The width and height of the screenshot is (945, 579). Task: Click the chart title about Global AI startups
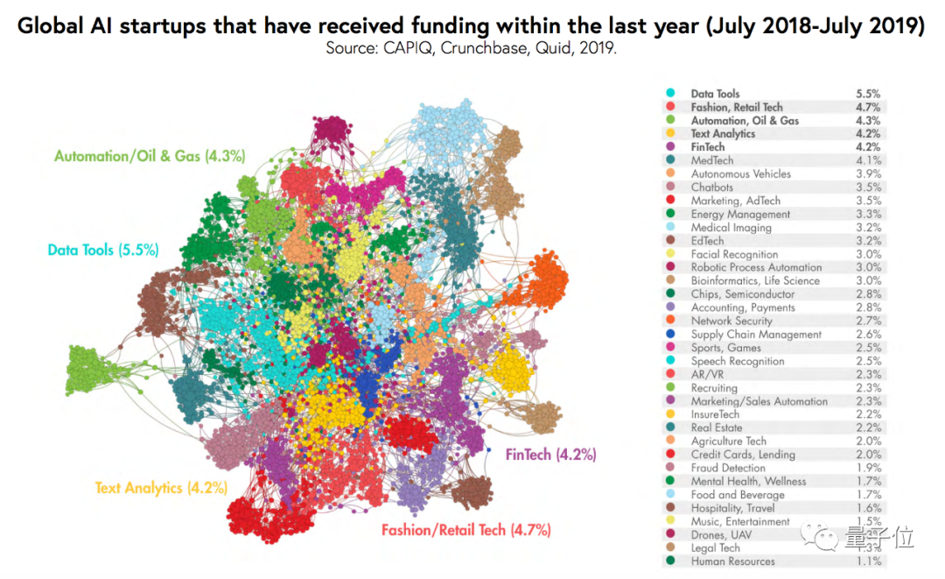[x=472, y=25]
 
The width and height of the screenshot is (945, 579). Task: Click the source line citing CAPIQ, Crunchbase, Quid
[x=472, y=47]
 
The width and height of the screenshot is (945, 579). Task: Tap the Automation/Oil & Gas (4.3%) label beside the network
[x=150, y=157]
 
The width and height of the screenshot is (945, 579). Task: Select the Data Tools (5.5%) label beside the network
[x=102, y=250]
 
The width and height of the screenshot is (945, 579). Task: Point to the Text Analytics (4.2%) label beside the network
[x=161, y=487]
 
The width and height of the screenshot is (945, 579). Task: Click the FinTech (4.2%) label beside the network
[x=550, y=455]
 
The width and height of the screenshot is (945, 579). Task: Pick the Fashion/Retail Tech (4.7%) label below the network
[x=465, y=530]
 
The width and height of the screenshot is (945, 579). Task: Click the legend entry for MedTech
[x=712, y=160]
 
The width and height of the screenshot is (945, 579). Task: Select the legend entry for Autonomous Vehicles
[x=740, y=173]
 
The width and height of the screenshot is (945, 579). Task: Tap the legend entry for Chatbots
[x=711, y=187]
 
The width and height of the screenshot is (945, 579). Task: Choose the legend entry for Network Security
[x=731, y=321]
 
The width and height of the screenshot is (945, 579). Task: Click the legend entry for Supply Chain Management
[x=756, y=335]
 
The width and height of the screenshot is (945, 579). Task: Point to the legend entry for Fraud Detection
[x=728, y=468]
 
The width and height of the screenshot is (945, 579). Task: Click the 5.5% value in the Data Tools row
[x=868, y=94]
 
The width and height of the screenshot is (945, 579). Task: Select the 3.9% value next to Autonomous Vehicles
[x=868, y=173]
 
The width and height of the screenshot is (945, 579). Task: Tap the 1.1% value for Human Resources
[x=868, y=561]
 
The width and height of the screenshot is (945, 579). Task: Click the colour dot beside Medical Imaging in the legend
[x=670, y=228]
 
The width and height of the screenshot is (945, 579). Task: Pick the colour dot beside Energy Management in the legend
[x=670, y=214]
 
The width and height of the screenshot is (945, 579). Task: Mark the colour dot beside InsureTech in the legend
[x=670, y=414]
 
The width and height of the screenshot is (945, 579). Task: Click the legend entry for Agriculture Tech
[x=728, y=441]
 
